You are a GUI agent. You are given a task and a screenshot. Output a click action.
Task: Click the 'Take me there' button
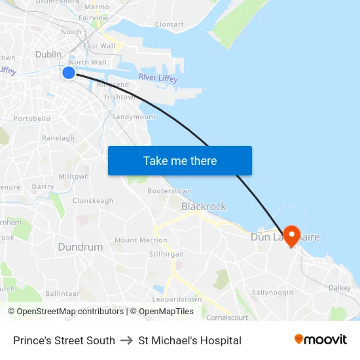(180, 160)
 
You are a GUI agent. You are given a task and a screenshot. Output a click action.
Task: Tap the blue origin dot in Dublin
(69, 73)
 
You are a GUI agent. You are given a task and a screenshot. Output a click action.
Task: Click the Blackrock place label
(204, 206)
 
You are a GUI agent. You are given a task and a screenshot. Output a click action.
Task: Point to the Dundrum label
(81, 247)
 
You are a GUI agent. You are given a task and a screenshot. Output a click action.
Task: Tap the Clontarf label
(169, 24)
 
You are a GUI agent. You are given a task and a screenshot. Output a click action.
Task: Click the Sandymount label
(134, 117)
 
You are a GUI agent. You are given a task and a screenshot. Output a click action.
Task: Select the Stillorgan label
(166, 252)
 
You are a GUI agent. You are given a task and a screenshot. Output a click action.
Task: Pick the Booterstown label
(170, 191)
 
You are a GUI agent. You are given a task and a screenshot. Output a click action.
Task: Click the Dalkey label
(339, 287)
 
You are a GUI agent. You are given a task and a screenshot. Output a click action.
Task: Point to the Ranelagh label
(58, 138)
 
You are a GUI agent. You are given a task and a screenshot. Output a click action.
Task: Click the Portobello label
(32, 119)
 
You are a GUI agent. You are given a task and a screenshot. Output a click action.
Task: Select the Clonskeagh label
(93, 201)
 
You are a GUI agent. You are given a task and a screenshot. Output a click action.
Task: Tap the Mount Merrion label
(141, 240)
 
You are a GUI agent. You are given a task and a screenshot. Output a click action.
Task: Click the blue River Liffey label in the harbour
(158, 78)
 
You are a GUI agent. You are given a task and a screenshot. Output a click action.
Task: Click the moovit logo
(321, 340)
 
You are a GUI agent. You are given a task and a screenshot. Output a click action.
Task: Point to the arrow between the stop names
(126, 340)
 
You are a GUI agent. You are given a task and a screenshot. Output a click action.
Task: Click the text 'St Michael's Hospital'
(190, 340)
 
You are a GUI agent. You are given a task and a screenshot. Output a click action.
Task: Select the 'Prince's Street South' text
(64, 340)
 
